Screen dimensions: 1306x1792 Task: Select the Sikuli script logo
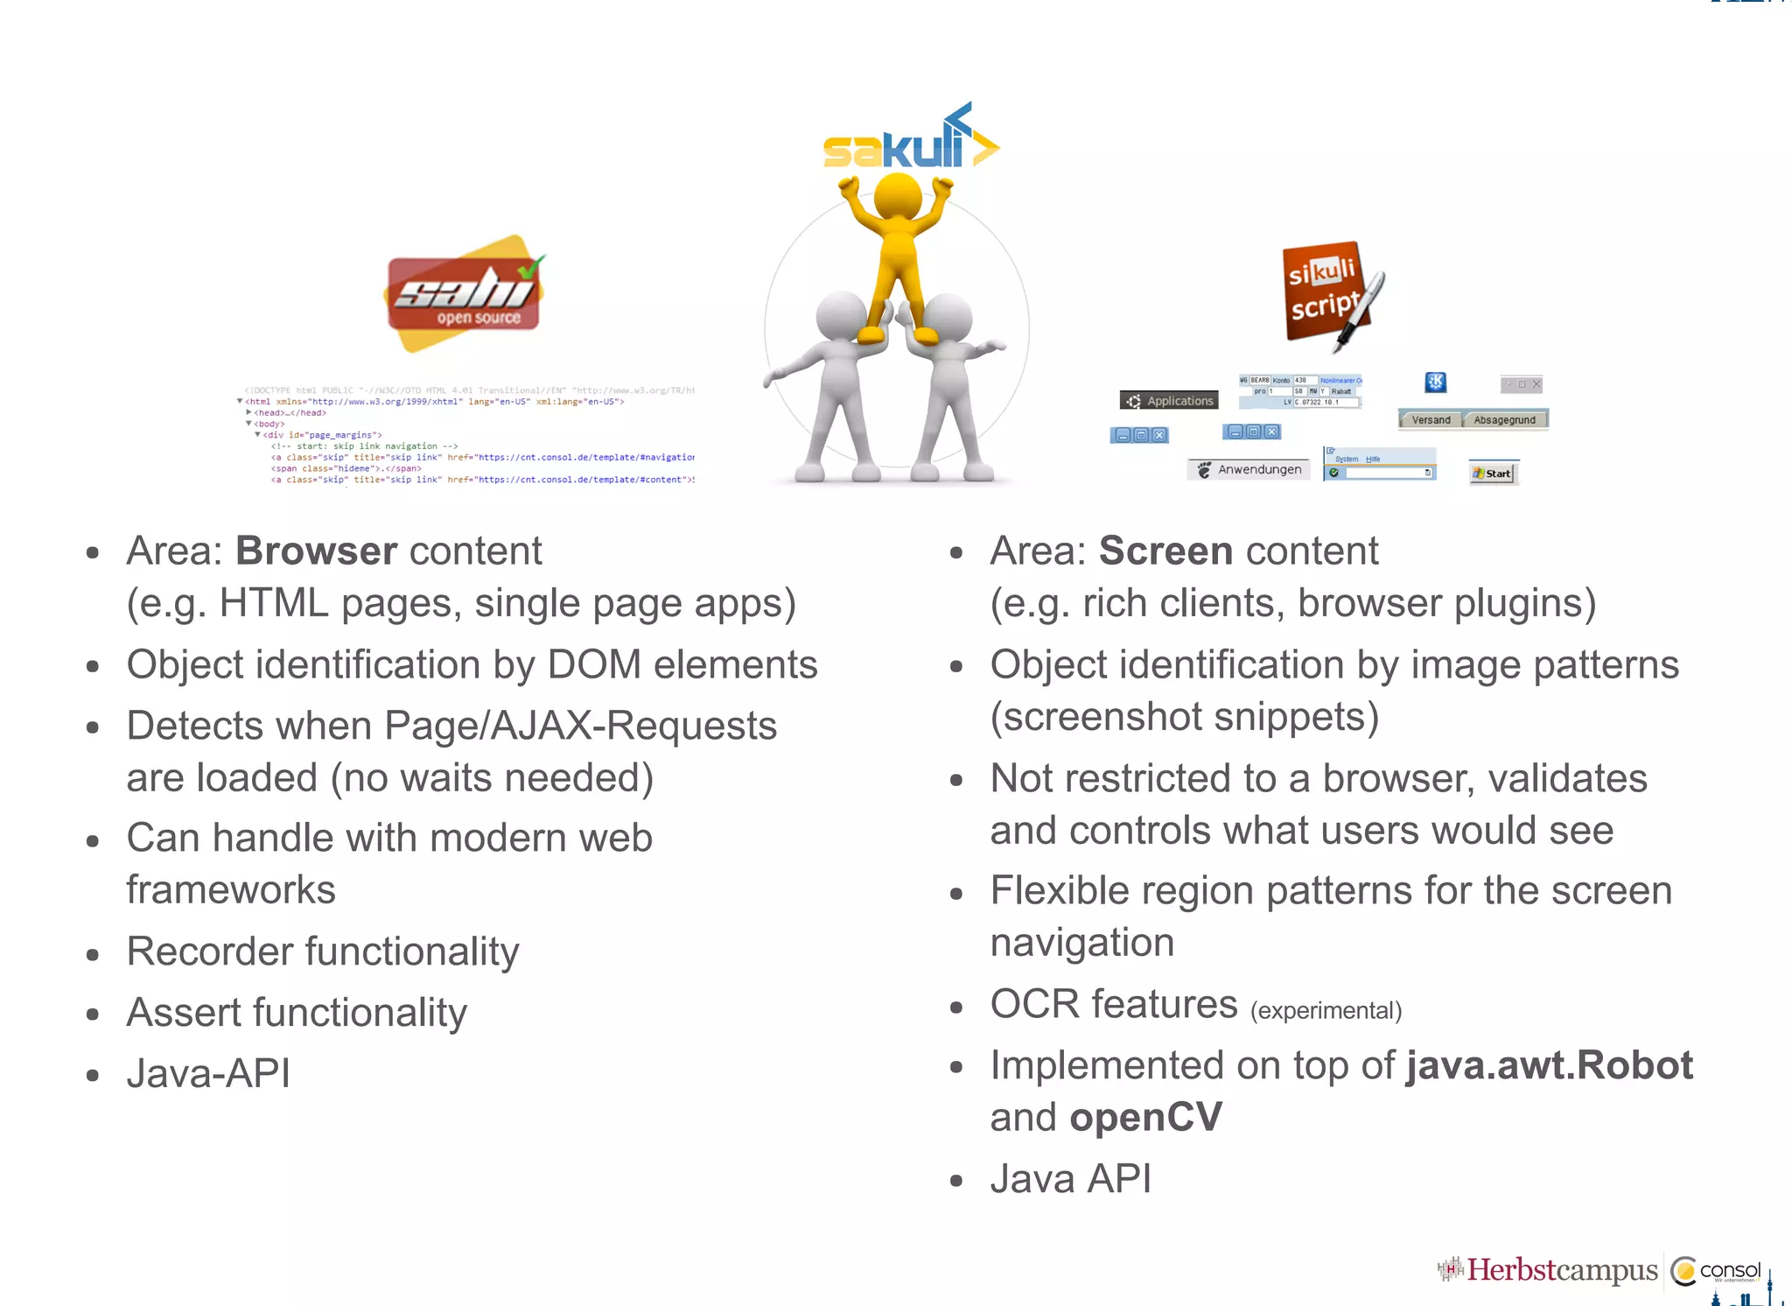1330,293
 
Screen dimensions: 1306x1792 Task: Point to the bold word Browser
316,551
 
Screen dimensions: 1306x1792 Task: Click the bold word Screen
1165,551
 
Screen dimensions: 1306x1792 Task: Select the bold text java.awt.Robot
1548,1065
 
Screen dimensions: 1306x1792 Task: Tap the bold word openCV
1145,1118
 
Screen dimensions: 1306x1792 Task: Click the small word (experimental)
1326,1011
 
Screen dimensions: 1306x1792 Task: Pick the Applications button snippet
1169,401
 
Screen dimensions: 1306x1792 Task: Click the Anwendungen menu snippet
1249,470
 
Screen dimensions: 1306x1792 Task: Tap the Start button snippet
1493,474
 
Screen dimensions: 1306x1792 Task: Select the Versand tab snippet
1430,420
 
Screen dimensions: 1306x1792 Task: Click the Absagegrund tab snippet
1504,420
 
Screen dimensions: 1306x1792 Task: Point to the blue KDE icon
1436,383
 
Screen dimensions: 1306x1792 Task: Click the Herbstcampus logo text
1561,1270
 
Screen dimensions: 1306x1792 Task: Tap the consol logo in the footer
1717,1271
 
